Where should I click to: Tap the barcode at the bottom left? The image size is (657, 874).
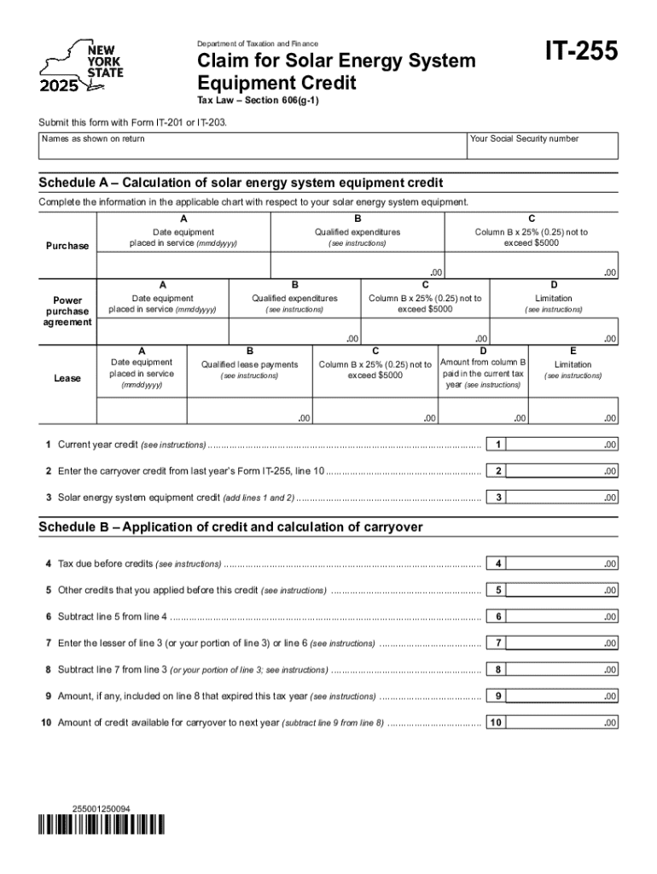click(101, 824)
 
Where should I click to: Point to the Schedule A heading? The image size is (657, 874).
click(241, 184)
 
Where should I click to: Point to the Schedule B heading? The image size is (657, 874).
click(230, 527)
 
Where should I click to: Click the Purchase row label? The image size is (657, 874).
click(67, 246)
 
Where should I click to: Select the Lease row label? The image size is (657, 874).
click(67, 378)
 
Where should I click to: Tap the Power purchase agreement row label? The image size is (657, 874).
click(67, 312)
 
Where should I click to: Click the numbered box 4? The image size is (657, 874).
click(497, 563)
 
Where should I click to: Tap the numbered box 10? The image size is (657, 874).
click(497, 722)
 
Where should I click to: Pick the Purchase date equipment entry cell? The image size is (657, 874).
click(183, 266)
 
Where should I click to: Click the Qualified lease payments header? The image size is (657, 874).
click(249, 364)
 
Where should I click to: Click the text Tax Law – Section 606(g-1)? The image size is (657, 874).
click(246, 100)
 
